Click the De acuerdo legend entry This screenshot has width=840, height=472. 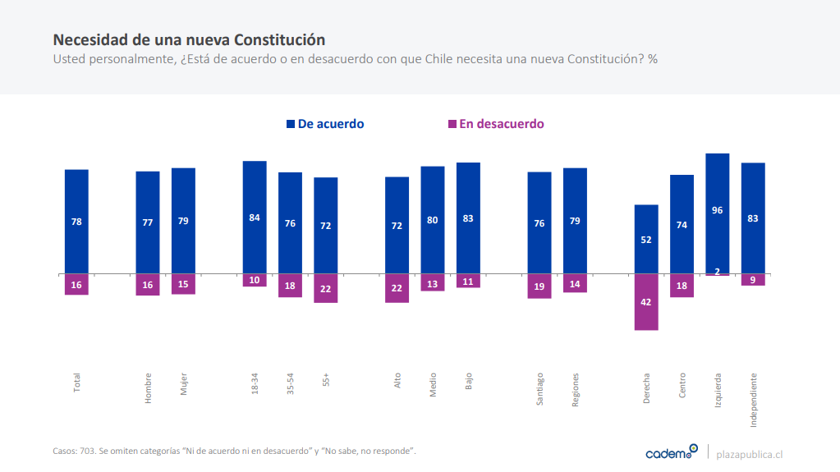(325, 124)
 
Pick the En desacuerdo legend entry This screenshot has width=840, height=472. (495, 124)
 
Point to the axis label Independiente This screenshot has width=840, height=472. (753, 401)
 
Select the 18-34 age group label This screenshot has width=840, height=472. (255, 385)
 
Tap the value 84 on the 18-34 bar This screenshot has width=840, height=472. (255, 218)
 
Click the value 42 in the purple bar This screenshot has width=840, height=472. (646, 302)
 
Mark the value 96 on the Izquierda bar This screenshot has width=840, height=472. (718, 210)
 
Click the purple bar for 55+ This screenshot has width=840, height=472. (326, 287)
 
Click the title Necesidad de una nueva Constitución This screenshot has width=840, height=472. (189, 39)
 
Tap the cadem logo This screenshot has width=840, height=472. (671, 452)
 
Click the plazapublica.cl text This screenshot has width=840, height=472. (750, 454)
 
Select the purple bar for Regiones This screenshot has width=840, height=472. (575, 282)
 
